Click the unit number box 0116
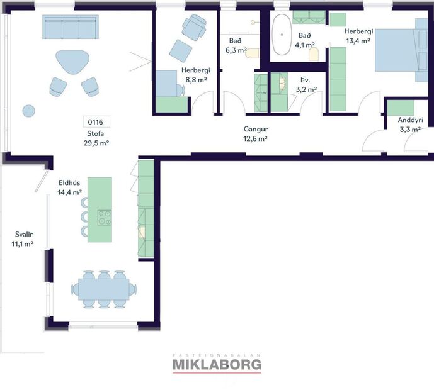coord(96,122)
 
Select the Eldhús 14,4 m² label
coord(70,187)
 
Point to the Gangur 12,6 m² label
coord(256,134)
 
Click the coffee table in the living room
coord(72,63)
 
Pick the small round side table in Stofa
coord(29,111)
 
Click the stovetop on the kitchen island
coord(105,218)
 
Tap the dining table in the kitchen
coord(103,289)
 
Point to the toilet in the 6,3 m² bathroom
coord(253,54)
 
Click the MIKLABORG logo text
coord(217,364)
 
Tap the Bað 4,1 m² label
coord(305,40)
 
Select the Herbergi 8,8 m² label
coord(194,75)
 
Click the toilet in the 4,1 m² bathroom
coord(314,55)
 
